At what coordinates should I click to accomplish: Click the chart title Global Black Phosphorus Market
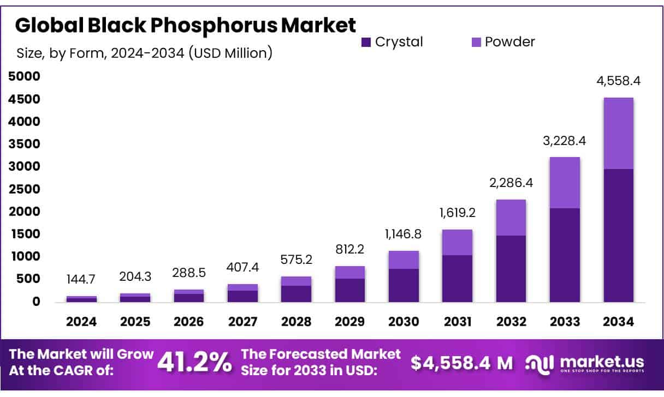[185, 25]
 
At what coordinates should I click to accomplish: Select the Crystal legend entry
[392, 42]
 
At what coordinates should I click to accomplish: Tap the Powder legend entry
[502, 42]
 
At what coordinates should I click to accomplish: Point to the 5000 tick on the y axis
[25, 77]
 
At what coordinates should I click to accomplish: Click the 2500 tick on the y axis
[25, 189]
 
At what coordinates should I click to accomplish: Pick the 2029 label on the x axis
[350, 322]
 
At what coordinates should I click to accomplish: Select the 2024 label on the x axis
[81, 322]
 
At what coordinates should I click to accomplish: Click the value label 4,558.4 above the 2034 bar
[618, 81]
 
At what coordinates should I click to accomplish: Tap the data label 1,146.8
[404, 236]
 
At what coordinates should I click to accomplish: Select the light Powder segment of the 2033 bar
[565, 183]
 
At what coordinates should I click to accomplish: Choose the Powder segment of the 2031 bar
[457, 242]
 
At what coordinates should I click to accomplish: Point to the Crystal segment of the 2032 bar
[511, 269]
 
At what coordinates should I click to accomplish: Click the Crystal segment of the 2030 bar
[404, 285]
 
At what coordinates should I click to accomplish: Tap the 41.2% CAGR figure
[194, 363]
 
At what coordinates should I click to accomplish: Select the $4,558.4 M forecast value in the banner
[462, 363]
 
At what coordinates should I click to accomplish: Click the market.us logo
[584, 363]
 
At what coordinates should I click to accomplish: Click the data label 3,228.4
[565, 141]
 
